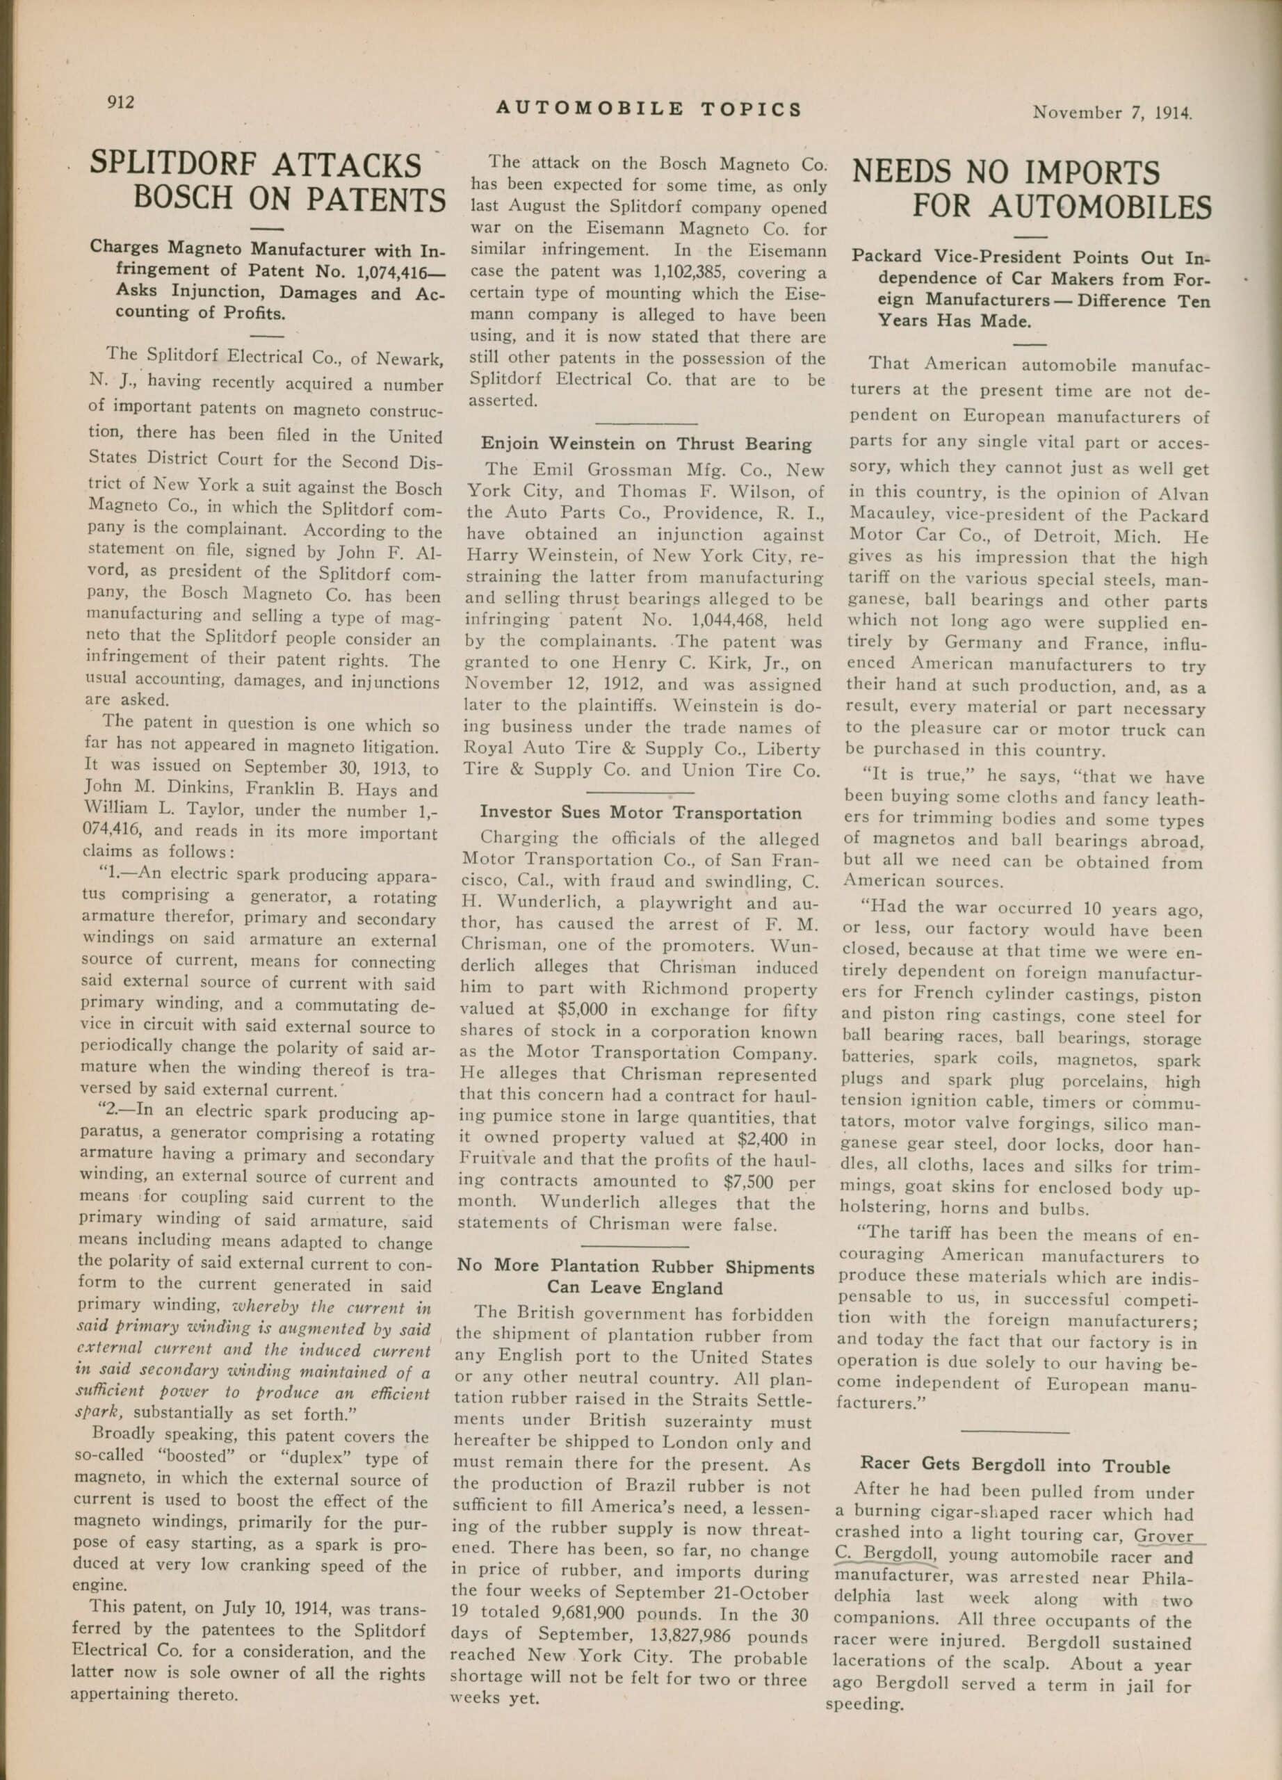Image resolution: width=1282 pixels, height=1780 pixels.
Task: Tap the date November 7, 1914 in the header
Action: [x=1112, y=112]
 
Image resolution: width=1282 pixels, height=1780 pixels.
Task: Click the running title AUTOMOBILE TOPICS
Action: [x=649, y=109]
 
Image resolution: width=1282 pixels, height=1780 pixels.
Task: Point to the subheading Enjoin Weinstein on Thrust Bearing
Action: [x=646, y=444]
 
